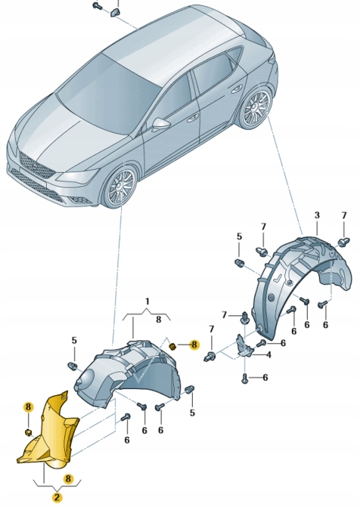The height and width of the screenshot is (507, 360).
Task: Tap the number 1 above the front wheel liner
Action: (x=147, y=301)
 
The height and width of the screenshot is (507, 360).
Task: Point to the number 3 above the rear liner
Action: (x=317, y=215)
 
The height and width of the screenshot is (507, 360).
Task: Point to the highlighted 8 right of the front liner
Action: (x=194, y=345)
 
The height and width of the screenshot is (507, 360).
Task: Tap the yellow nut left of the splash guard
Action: (x=28, y=432)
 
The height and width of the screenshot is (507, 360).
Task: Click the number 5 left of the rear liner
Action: (x=239, y=236)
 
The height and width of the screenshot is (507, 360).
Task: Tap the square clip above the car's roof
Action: (x=116, y=11)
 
